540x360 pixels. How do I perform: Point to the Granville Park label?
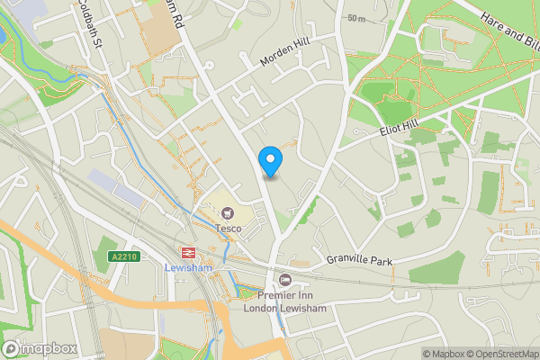coord(361,261)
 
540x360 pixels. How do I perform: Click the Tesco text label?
coord(228,229)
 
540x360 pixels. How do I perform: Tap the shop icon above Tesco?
coord(228,214)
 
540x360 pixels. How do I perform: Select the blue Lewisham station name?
coord(189,268)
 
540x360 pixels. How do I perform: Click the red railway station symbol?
coord(189,253)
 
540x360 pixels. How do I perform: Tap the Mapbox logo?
coord(39,348)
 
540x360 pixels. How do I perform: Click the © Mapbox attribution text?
coord(447,354)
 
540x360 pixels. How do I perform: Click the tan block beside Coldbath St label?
coord(160,31)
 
